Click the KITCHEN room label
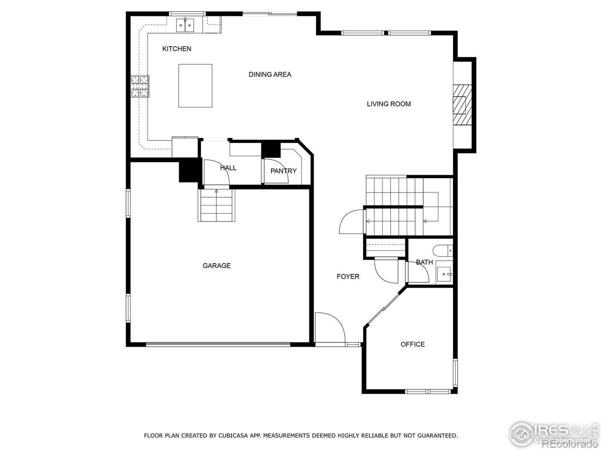(x=176, y=49)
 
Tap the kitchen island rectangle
(x=195, y=86)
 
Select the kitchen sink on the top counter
(x=186, y=25)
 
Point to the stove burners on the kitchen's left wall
(x=140, y=86)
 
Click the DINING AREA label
(x=269, y=74)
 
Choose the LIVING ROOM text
(x=388, y=104)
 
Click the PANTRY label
(x=283, y=171)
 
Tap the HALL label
(x=228, y=168)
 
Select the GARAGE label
(x=216, y=265)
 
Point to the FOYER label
(x=348, y=276)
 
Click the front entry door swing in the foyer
(x=330, y=328)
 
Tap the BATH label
(x=424, y=262)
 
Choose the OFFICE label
(x=412, y=344)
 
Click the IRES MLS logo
(x=553, y=433)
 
